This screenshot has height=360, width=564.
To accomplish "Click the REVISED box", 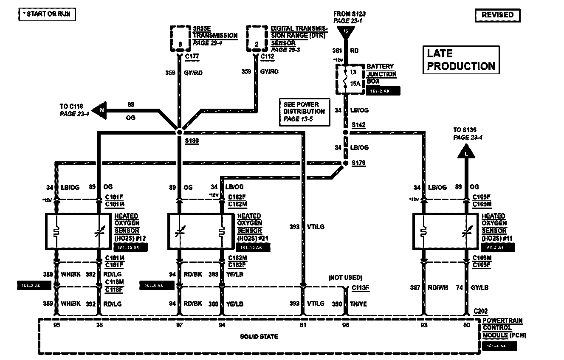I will click(x=497, y=15).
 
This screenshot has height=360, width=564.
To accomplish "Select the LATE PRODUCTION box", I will click(x=461, y=60).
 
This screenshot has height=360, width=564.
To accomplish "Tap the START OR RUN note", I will click(x=47, y=14).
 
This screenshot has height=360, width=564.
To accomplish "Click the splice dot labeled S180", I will click(x=179, y=132).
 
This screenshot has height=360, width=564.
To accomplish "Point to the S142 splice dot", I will click(x=346, y=132).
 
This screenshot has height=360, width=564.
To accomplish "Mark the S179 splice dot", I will click(x=345, y=163).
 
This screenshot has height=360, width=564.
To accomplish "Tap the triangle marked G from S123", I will click(x=346, y=32).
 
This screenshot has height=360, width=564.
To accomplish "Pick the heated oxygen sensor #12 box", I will click(x=78, y=231).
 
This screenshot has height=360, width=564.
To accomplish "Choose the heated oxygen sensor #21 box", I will click(x=201, y=231).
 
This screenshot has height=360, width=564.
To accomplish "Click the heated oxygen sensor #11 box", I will click(x=446, y=231).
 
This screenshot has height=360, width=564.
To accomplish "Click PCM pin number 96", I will click(x=345, y=325).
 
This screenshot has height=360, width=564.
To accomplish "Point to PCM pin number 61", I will click(x=303, y=325).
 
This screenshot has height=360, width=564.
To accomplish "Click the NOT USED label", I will click(x=345, y=278).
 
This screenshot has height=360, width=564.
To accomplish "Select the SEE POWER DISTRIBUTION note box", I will click(x=305, y=112).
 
